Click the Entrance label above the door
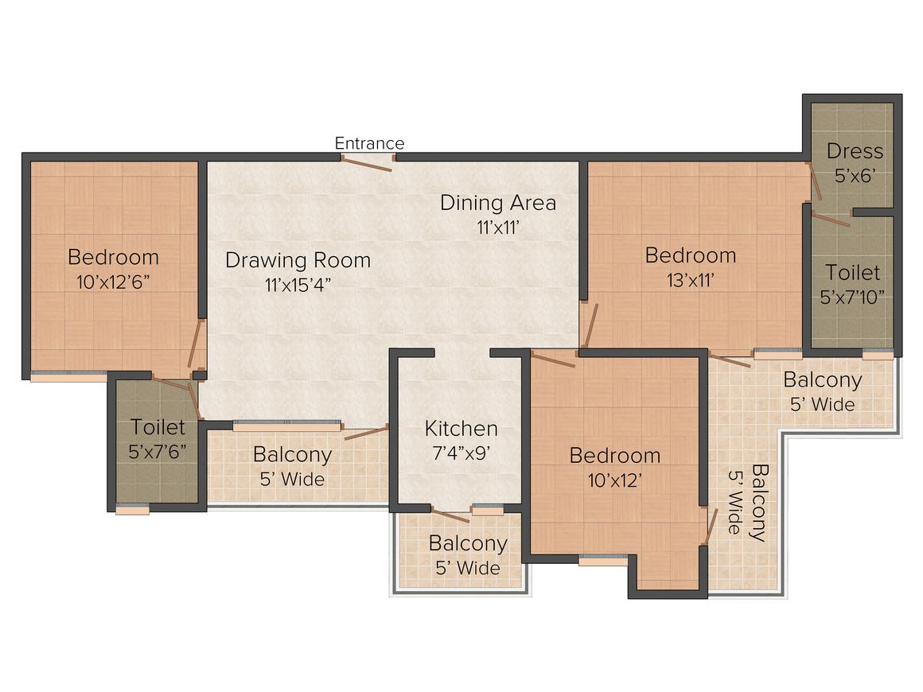369,143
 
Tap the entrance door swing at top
367,163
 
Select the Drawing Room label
298,260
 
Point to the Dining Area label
498,202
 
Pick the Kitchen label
461,429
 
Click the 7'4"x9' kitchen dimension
461,453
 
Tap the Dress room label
855,151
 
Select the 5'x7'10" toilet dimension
852,297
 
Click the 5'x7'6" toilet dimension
158,451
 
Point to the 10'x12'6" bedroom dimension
112,282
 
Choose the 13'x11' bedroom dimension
690,280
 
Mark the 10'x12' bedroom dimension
614,480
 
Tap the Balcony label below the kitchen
468,543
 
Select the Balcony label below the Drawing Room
292,455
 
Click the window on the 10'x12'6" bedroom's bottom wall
68,376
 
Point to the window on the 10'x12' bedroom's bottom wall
602,560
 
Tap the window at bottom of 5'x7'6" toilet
132,510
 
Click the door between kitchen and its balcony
450,515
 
